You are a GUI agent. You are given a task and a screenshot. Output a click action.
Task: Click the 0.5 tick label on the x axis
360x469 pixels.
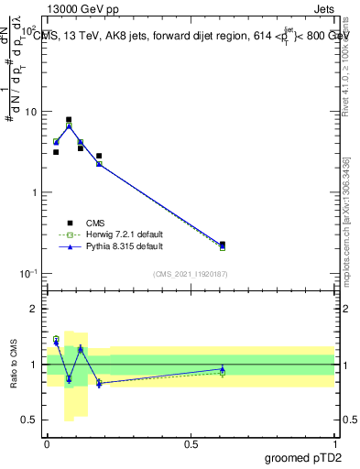pyautogui.click(x=190, y=443)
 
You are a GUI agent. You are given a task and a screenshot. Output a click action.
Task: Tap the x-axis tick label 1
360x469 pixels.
pyautogui.click(x=334, y=443)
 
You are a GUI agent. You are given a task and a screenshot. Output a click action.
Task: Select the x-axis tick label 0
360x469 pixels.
pyautogui.click(x=47, y=443)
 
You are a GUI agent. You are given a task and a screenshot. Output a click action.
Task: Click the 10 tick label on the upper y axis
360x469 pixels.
pyautogui.click(x=30, y=112)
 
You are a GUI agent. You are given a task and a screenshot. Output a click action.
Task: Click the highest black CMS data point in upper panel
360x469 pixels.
pyautogui.click(x=69, y=119)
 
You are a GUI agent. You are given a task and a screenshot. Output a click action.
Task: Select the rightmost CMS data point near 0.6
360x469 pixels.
pyautogui.click(x=223, y=245)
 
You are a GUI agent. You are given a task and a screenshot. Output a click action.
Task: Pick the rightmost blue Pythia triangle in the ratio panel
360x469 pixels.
pyautogui.click(x=223, y=369)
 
